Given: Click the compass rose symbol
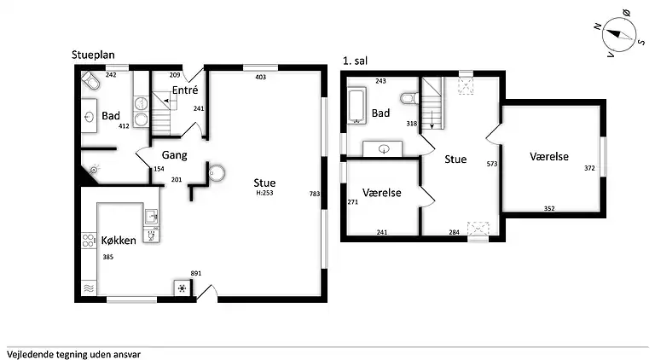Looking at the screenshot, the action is click(x=618, y=34).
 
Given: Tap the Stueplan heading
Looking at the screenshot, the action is click(x=93, y=55).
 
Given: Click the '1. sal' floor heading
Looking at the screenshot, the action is click(x=355, y=61).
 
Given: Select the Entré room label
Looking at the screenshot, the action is click(x=185, y=90).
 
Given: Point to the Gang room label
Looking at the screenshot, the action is click(x=174, y=155).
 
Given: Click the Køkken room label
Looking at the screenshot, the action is click(x=119, y=240).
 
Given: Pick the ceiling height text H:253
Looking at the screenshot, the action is click(x=264, y=193).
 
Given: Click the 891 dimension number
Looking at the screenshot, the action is click(x=196, y=273).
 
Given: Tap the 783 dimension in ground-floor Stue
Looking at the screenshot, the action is click(x=315, y=194).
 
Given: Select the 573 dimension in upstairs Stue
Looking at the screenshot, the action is click(x=492, y=164).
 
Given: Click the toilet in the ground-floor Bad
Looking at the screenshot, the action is click(x=90, y=80).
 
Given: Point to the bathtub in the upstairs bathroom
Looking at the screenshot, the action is click(x=357, y=106).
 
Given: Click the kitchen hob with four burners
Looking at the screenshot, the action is click(x=89, y=241).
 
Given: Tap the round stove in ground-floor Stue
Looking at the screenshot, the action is click(x=217, y=173).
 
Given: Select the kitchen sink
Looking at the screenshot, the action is click(x=151, y=217).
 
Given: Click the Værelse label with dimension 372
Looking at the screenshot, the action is click(x=549, y=156).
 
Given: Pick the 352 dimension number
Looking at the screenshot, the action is click(x=549, y=208).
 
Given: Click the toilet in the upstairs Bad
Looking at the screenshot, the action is click(x=409, y=99).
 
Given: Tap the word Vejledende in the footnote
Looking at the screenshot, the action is click(x=27, y=355).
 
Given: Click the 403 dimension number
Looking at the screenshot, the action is click(x=261, y=77).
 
